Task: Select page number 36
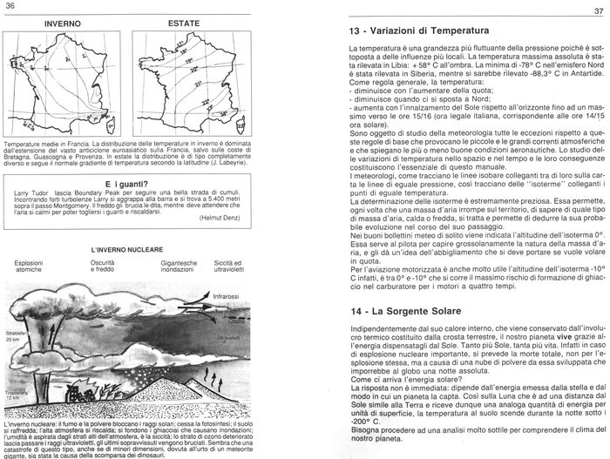pos(10,5)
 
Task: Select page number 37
pos(599,10)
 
